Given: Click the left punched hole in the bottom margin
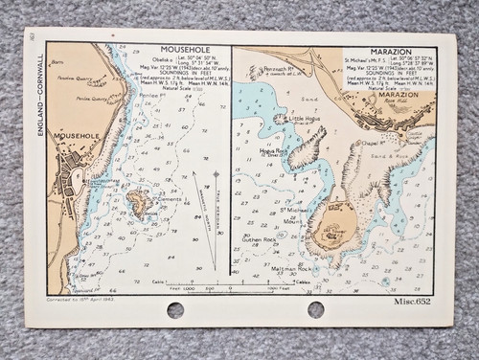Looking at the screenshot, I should coord(174,309).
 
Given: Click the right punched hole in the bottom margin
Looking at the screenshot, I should coord(315,309).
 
